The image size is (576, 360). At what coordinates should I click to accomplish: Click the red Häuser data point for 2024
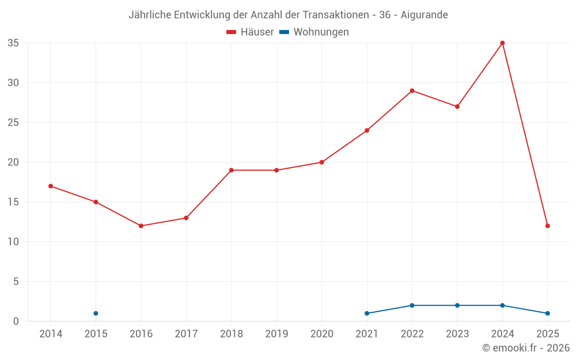(x=502, y=43)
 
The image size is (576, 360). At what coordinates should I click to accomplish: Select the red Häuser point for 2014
(x=51, y=186)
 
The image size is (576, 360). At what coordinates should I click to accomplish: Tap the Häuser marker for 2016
(x=141, y=226)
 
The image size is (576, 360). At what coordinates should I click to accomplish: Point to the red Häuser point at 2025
(x=547, y=226)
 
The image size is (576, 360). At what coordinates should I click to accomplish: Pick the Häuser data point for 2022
(x=412, y=90)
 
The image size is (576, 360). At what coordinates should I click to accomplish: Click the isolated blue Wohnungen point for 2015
(x=96, y=313)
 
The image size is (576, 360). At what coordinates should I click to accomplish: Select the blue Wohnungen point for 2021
(x=367, y=313)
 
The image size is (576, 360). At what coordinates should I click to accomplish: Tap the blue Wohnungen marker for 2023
(x=457, y=305)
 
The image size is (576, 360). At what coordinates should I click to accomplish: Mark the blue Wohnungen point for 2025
(x=547, y=313)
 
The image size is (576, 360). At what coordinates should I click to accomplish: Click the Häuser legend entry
(x=251, y=32)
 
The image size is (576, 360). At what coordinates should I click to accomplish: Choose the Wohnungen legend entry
(x=314, y=32)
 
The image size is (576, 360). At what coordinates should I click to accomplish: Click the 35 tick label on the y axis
(x=13, y=43)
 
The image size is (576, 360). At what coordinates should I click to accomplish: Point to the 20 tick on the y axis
(x=13, y=162)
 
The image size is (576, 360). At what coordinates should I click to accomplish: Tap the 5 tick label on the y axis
(x=16, y=282)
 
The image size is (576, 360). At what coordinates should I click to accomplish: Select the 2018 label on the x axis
(x=231, y=334)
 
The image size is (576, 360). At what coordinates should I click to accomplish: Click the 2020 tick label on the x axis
(x=321, y=334)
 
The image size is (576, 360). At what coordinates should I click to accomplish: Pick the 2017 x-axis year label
(x=186, y=334)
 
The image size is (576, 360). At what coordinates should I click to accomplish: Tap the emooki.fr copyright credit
(x=526, y=348)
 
